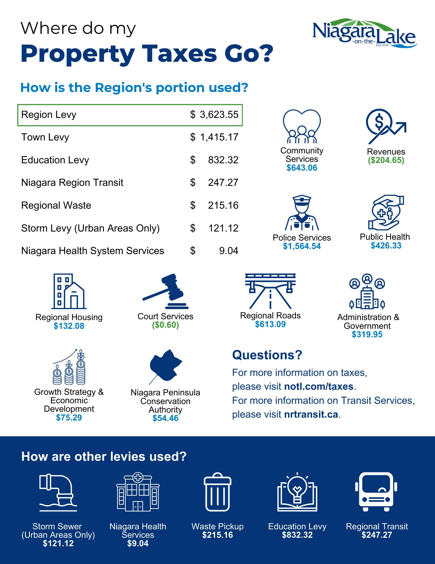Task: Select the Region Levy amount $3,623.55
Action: click(219, 115)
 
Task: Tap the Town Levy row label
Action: click(45, 137)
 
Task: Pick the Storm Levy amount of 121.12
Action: click(223, 228)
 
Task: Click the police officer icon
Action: click(302, 213)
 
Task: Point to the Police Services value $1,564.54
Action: click(302, 246)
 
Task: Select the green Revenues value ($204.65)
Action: click(386, 160)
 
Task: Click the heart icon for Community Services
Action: click(302, 127)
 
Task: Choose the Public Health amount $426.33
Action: click(386, 246)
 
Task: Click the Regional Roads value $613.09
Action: click(270, 324)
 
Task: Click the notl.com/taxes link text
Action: click(319, 386)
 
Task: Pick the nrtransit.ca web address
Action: click(311, 414)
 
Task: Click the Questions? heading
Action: click(267, 355)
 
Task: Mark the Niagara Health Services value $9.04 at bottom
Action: click(138, 543)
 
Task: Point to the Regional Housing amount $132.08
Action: click(69, 326)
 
